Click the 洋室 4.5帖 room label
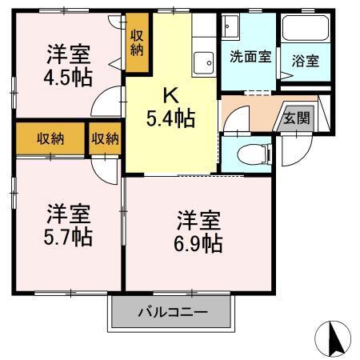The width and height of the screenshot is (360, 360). [67, 66]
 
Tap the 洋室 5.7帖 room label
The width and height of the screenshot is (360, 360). [68, 226]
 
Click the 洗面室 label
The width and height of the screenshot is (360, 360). [249, 57]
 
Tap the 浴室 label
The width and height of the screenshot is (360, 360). [303, 60]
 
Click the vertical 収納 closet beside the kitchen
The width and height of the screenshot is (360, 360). [138, 42]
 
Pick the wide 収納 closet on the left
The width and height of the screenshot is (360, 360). [50, 138]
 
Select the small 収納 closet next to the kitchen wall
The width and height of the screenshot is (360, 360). [105, 138]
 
